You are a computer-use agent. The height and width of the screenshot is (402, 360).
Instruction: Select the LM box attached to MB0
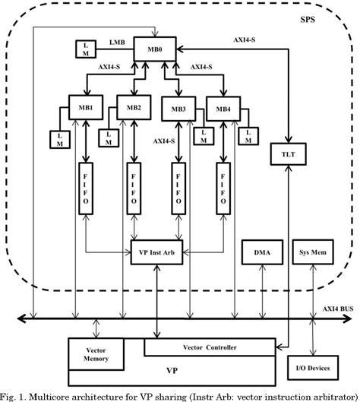(x=83, y=49)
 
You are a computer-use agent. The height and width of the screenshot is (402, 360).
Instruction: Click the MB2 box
(x=134, y=106)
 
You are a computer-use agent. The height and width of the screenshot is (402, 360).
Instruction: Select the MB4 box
(x=223, y=108)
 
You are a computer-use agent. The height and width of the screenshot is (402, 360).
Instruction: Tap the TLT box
(x=287, y=155)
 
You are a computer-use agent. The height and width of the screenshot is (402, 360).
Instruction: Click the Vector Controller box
(x=210, y=347)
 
